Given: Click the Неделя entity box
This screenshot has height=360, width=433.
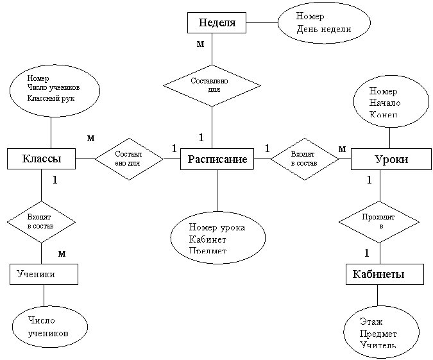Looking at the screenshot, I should point(217,23).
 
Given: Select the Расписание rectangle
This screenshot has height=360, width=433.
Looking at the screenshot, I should point(217,159).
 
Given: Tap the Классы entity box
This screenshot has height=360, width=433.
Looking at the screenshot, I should point(41,159).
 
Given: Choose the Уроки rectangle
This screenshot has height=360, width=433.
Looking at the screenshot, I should point(391,159).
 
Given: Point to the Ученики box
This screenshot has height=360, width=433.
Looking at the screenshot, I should point(44,274).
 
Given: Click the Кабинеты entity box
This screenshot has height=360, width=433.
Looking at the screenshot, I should point(385,274).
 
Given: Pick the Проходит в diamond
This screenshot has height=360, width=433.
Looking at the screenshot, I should point(378,222).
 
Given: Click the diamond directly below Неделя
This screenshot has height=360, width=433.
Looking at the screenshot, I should point(212,85).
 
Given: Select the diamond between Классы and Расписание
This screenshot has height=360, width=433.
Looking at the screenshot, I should point(128,159).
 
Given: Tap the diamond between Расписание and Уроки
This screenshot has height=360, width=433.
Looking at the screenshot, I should point(304,159).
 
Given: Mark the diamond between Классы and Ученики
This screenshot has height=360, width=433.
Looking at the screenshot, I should point(41,222).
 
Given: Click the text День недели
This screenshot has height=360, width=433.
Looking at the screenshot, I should point(323,29).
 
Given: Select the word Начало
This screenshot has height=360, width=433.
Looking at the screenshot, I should point(384,103).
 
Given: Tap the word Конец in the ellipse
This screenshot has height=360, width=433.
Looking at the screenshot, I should point(384,115).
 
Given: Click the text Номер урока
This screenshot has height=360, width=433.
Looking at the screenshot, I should point(217,227).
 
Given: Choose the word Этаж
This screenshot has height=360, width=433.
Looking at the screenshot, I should point(371,321).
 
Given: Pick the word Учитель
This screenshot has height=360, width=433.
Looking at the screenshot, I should point(378,345).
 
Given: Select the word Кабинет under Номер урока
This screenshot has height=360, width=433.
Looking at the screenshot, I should point(208,239).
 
